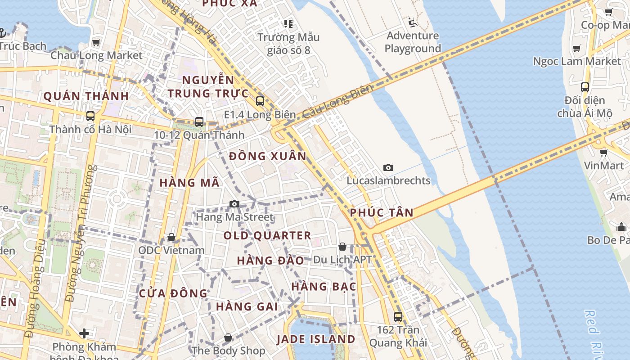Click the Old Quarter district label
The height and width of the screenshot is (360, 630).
pyautogui.click(x=267, y=235)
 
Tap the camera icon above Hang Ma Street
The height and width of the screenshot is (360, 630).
pyautogui.click(x=234, y=204)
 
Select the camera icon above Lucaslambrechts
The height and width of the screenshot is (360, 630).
pyautogui.click(x=388, y=168)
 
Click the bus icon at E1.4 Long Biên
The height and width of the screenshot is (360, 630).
pyautogui.click(x=260, y=101)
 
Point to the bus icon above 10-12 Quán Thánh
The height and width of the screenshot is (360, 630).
pyautogui.click(x=199, y=121)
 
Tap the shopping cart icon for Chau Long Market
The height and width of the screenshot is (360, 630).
pyautogui.click(x=96, y=43)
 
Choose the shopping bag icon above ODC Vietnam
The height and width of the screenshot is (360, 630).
pyautogui.click(x=171, y=237)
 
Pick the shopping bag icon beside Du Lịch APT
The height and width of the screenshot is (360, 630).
pyautogui.click(x=342, y=247)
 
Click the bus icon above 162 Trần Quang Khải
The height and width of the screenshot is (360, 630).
pyautogui.click(x=398, y=317)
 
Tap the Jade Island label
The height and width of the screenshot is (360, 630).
pyautogui.click(x=316, y=339)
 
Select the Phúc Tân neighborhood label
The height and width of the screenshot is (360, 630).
pyautogui.click(x=382, y=213)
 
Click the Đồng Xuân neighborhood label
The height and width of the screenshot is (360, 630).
pyautogui.click(x=267, y=157)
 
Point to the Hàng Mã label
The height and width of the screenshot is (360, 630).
pyautogui.click(x=189, y=183)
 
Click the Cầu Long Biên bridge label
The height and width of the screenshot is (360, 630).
pyautogui.click(x=337, y=101)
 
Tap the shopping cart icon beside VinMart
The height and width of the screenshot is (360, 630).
pyautogui.click(x=603, y=153)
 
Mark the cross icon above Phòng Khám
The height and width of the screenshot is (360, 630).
pyautogui.click(x=84, y=333)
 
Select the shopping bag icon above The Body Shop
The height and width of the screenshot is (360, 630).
pyautogui.click(x=228, y=337)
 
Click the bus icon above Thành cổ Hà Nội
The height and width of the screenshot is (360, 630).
pyautogui.click(x=90, y=116)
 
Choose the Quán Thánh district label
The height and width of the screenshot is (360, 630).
pyautogui.click(x=86, y=96)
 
